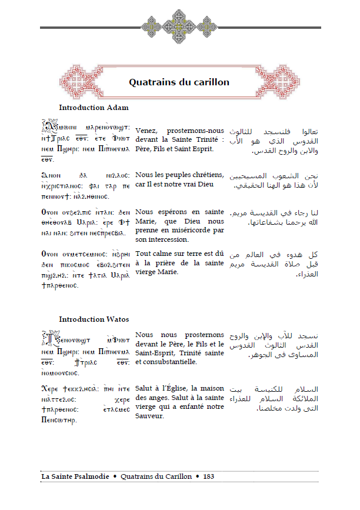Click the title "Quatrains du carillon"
[179, 82]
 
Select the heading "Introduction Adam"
[94, 108]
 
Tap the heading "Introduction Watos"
[94, 319]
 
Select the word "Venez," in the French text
[146, 130]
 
